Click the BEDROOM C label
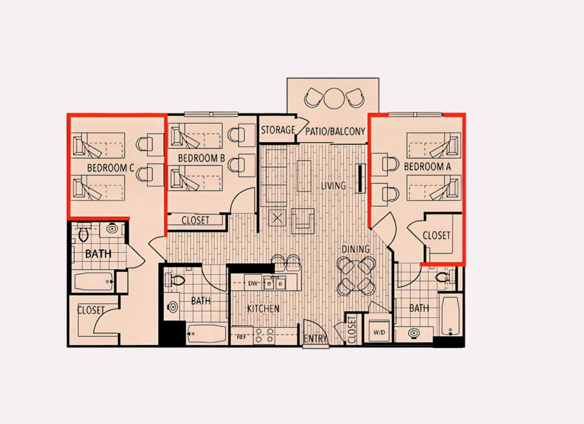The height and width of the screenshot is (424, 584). pos(110,168)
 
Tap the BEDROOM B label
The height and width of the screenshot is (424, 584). pos(201,158)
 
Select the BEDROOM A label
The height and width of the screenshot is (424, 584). pos(427,167)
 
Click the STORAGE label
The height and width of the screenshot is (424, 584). pos(278,130)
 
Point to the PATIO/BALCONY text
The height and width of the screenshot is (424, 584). pos(335,131)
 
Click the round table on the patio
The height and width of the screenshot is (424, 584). pos(334,98)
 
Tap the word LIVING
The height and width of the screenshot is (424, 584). pos(333,186)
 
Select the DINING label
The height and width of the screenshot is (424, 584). pos(356,249)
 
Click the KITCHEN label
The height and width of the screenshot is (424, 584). pos(263,309)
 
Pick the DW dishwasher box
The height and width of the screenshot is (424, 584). pos(253,283)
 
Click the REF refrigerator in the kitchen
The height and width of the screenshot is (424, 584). pos(242,337)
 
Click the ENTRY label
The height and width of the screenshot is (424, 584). pos(315,338)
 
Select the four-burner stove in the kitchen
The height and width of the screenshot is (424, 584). pos(264,336)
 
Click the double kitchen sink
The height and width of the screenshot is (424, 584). pos(274,283)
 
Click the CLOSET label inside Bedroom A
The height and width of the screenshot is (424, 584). pos(436,236)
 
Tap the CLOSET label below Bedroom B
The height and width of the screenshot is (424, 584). pos(195,221)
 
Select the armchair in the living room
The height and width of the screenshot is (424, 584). pos(303,221)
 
